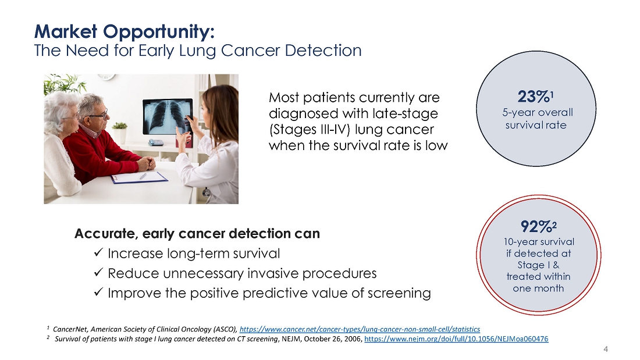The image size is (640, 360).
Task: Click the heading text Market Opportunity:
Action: coord(125,32)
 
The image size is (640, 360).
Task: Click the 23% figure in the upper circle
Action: coord(534,97)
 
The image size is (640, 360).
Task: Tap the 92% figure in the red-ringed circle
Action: coord(536,226)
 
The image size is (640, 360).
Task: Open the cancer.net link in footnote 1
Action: coord(360,329)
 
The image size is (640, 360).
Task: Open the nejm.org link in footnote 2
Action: coord(456,339)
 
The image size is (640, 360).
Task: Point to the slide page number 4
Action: coord(606,349)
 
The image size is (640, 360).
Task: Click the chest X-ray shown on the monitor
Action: coord(168,117)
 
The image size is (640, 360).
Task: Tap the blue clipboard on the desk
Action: coord(139,177)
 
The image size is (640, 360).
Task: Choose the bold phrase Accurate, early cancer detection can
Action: coord(197,233)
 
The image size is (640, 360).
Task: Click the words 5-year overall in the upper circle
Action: coord(538,113)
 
